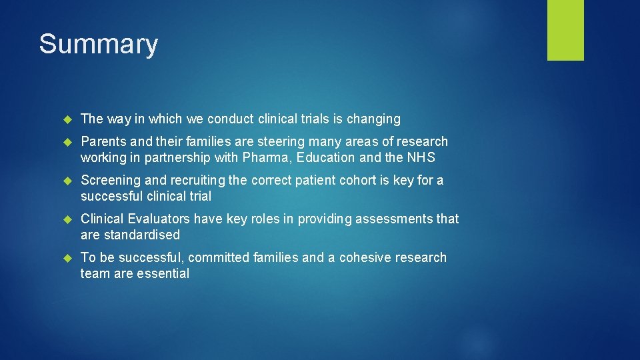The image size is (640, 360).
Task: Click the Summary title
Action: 98,45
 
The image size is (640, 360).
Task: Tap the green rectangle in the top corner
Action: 565,30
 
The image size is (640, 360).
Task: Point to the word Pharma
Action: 292,158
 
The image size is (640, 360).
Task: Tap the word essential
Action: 163,274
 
